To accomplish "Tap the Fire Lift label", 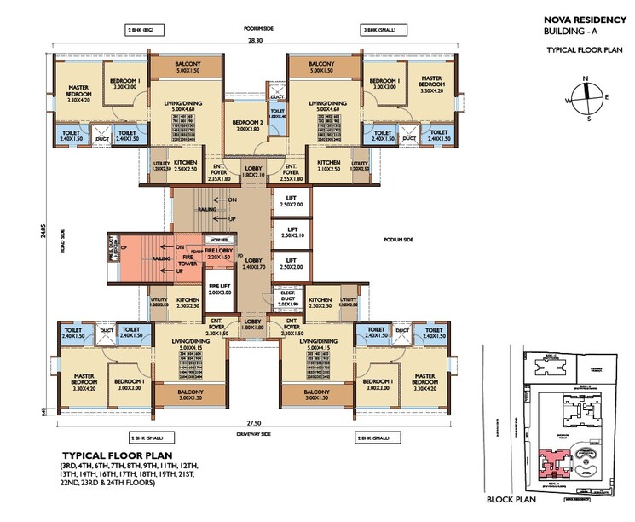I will pos(220,288).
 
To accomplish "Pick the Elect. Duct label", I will pos(286,299).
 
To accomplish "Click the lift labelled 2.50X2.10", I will pos(292,233).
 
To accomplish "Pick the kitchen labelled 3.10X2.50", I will pos(329,165).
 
